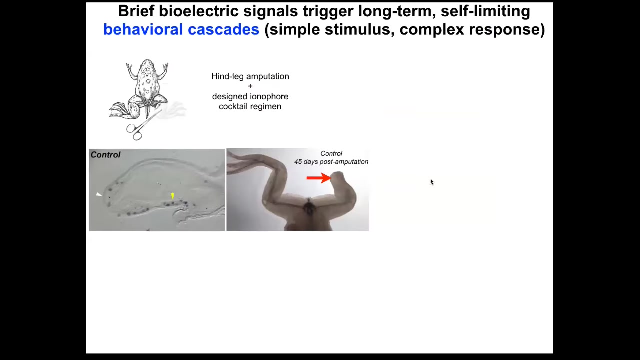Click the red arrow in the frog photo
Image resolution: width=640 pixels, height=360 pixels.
[319, 178]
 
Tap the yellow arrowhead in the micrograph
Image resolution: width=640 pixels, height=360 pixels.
[172, 196]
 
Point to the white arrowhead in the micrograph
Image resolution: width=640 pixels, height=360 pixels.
[99, 194]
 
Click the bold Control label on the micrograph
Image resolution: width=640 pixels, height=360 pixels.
[105, 155]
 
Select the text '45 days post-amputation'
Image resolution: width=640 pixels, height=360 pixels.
[331, 162]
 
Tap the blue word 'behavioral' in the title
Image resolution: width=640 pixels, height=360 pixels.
[143, 29]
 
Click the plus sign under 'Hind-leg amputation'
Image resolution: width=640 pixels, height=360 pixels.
[250, 86]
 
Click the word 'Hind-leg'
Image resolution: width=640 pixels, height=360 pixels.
[227, 77]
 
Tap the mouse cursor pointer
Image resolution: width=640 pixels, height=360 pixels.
[432, 182]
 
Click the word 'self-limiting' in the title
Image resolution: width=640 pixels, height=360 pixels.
[485, 11]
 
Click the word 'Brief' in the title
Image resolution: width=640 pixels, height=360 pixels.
[136, 11]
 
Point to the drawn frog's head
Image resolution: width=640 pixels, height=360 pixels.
[147, 65]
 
